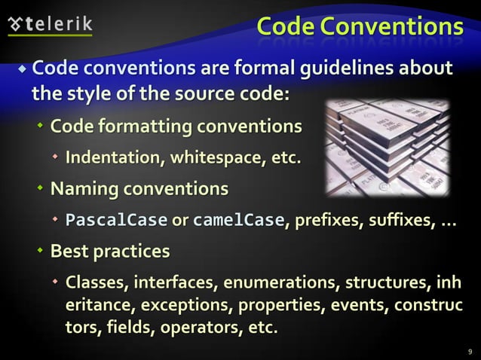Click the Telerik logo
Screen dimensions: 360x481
(50, 23)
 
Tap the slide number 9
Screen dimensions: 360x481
(470, 350)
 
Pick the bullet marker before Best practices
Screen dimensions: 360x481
(41, 252)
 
